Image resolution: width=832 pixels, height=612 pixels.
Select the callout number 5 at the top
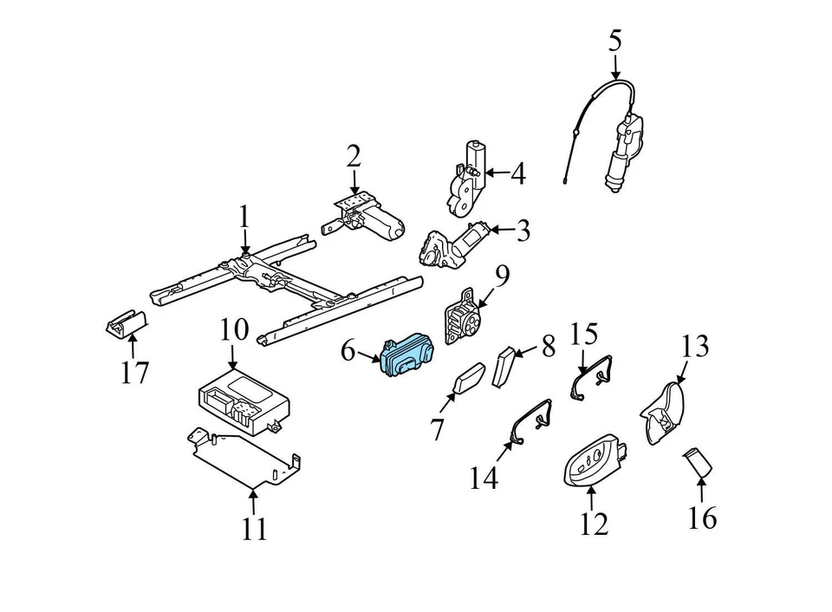614,41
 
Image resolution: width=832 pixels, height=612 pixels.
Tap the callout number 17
135,373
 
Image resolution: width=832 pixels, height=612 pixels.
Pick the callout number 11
254,528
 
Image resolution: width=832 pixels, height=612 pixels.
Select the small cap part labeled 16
699,463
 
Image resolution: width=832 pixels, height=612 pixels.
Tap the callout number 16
702,518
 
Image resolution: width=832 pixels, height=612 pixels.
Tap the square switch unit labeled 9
461,322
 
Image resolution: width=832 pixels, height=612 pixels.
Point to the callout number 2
353,156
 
